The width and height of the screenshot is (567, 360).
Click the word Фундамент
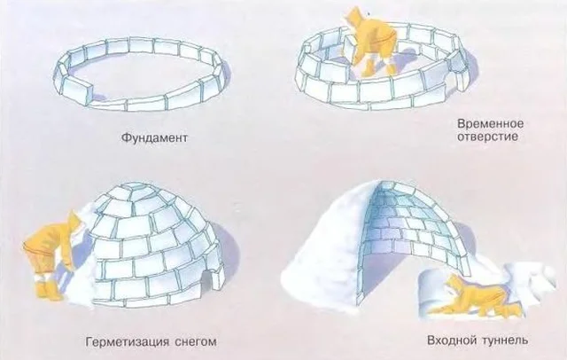point(154,137)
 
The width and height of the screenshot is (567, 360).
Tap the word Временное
point(490,124)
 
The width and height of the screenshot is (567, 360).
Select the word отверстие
point(487,137)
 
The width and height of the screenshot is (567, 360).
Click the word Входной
point(451,340)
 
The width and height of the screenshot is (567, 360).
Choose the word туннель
point(505,340)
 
